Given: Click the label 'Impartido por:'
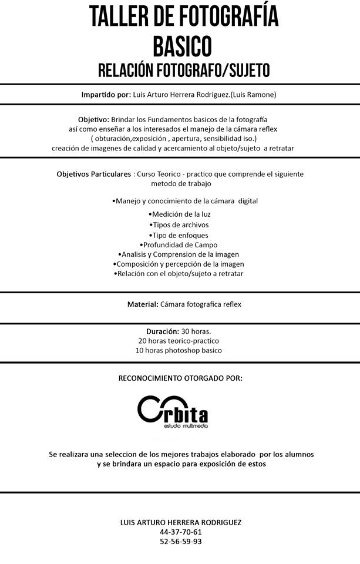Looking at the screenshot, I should pyautogui.click(x=106, y=95).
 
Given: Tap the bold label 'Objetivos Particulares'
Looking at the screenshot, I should pyautogui.click(x=94, y=174).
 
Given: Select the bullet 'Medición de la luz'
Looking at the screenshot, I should pyautogui.click(x=180, y=214).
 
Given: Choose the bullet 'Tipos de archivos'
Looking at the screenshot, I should pyautogui.click(x=179, y=224).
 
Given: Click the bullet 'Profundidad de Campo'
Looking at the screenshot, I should pyautogui.click(x=179, y=244).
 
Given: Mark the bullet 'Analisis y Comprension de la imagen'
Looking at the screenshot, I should pyautogui.click(x=179, y=254).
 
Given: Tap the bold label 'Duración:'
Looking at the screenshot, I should pyautogui.click(x=163, y=331).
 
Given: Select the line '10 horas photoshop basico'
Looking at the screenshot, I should pyautogui.click(x=180, y=350).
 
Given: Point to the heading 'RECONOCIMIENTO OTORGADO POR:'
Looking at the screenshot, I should pyautogui.click(x=180, y=378).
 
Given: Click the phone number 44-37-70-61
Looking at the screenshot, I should pyautogui.click(x=180, y=532).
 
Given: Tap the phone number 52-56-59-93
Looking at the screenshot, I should pyautogui.click(x=180, y=541).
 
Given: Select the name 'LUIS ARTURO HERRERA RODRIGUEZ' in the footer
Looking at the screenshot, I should pyautogui.click(x=180, y=522).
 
